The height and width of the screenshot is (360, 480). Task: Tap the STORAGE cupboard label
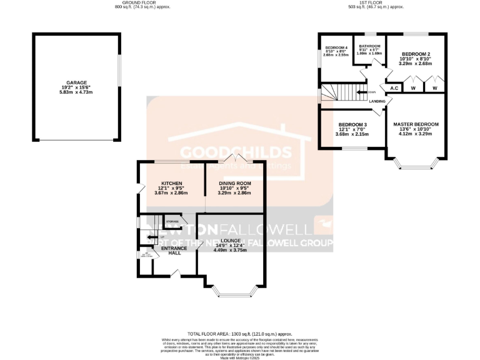point(172,221)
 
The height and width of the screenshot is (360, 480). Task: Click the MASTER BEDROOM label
point(416,124)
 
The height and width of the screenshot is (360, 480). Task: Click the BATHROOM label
point(369,46)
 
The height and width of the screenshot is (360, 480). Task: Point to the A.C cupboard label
point(394,89)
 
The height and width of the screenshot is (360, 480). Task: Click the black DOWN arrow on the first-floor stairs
point(361,92)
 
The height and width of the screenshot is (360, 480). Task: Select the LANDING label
point(377,101)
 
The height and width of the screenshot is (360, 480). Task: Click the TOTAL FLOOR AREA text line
point(239,335)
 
